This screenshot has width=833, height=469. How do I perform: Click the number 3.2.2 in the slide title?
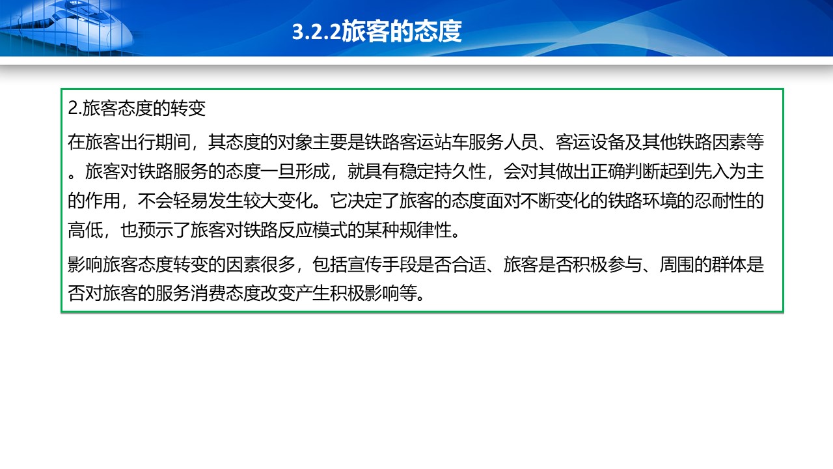tap(316, 32)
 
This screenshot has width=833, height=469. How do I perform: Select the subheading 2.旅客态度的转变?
tap(137, 108)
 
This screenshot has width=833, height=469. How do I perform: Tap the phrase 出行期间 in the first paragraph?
tap(156, 142)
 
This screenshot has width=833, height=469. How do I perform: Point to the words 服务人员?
tap(504, 142)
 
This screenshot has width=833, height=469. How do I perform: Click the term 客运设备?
tap(590, 142)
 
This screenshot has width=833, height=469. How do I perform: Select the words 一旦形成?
tap(295, 171)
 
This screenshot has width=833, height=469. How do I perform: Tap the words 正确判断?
tap(625, 171)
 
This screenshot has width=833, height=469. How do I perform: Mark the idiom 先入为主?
tap(730, 171)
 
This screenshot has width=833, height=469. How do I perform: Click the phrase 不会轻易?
tap(172, 201)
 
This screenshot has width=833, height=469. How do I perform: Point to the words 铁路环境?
tap(660, 201)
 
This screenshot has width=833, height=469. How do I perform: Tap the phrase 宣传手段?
tap(382, 264)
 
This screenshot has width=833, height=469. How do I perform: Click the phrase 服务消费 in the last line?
tap(190, 294)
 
